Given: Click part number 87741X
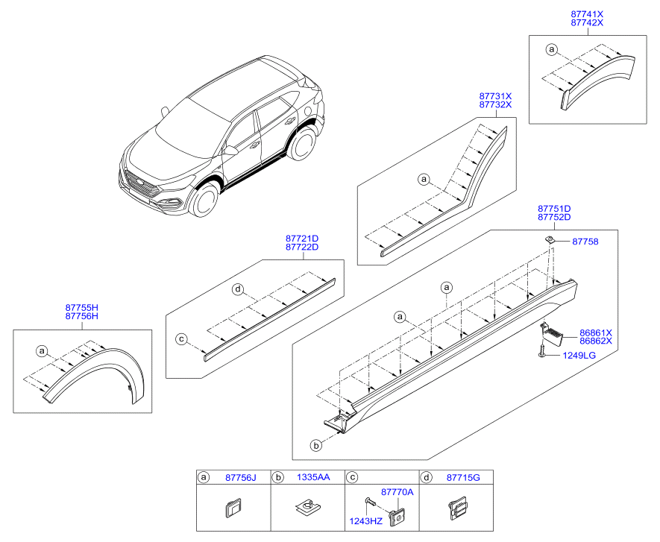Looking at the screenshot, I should point(587,13).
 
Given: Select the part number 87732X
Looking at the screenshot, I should point(495,105).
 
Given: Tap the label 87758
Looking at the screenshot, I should point(585,242).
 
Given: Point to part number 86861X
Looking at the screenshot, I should point(596,333).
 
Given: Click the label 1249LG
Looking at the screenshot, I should point(579,356).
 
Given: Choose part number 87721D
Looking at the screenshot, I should point(301,238).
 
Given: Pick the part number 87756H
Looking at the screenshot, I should point(82,316).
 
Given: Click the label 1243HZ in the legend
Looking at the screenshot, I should point(365,521).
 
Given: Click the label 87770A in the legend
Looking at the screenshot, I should point(397,492).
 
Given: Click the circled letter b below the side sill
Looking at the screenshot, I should point(315,445).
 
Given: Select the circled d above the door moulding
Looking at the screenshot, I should point(238,289).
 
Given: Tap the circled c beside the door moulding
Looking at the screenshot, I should point(181,339).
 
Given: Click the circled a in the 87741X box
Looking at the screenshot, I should point(552,50).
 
